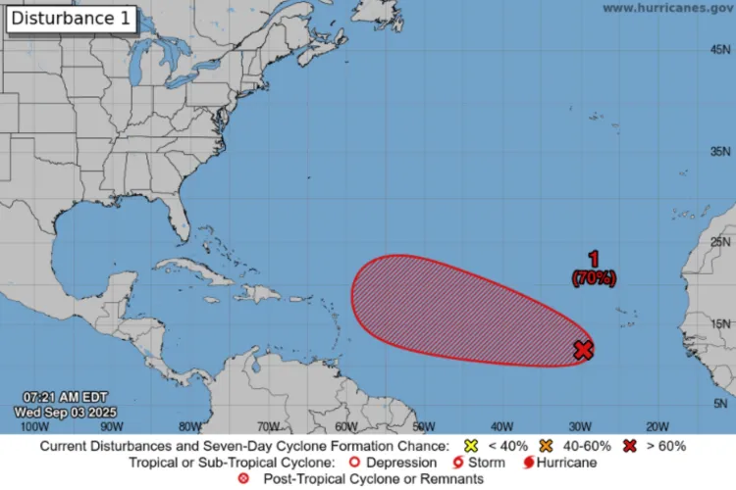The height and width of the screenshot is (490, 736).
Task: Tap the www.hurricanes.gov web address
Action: [x=667, y=8]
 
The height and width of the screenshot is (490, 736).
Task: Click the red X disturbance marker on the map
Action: [x=584, y=350]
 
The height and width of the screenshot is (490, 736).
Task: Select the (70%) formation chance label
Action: [x=594, y=278]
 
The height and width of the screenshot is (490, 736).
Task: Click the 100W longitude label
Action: [x=34, y=426]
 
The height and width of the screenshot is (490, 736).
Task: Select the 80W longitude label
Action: [x=190, y=426]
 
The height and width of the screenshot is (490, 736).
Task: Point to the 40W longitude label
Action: [x=501, y=426]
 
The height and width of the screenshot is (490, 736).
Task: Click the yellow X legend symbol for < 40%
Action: [x=470, y=446]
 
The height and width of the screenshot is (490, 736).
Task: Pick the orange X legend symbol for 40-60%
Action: [x=546, y=446]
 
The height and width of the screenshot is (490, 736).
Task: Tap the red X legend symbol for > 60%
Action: [x=629, y=446]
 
